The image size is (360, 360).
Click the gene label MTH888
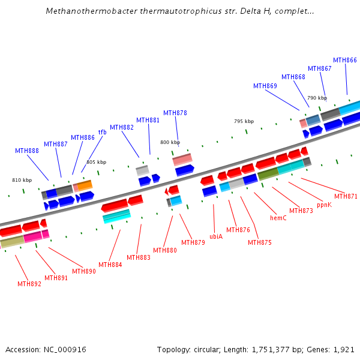point(27,151)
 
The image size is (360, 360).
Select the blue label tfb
point(102,132)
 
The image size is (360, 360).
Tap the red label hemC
point(278,218)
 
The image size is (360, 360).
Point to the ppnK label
point(324,205)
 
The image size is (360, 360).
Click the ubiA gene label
point(216,236)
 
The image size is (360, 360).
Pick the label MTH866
point(345,60)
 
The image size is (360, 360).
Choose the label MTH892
point(29,284)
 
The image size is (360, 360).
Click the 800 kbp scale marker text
point(170,142)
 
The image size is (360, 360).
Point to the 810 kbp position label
point(22,180)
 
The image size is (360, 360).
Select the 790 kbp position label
point(317,98)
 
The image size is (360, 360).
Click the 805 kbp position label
point(96,162)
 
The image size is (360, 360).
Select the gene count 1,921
point(344,349)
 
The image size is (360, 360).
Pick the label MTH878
point(175,113)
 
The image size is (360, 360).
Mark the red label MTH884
point(110,265)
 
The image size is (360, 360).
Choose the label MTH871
point(346,196)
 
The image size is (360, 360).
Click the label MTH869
point(265,86)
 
